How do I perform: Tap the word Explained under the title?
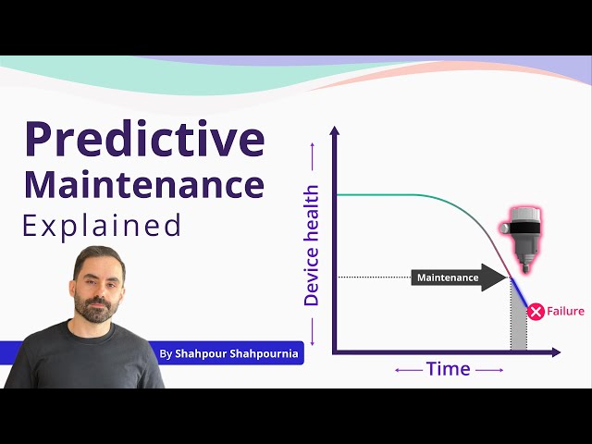coord(102,226)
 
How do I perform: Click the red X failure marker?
coord(536,312)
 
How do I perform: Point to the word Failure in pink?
coord(566,312)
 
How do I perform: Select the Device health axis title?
coord(312,245)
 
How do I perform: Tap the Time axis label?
coord(449,369)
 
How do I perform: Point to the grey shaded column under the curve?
coord(519,319)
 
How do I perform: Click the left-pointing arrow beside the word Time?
coord(407,370)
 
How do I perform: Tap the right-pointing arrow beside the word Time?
coord(491,370)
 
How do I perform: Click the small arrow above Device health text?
coord(313,169)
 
